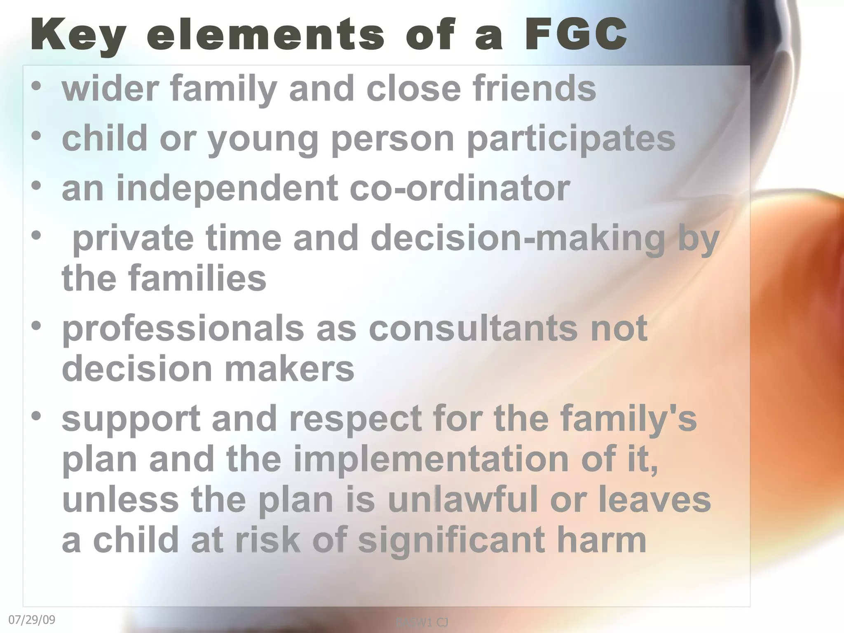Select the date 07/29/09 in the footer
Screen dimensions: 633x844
pyautogui.click(x=32, y=620)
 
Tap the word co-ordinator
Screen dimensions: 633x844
pyautogui.click(x=460, y=188)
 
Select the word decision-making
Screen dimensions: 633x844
pyautogui.click(x=518, y=239)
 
